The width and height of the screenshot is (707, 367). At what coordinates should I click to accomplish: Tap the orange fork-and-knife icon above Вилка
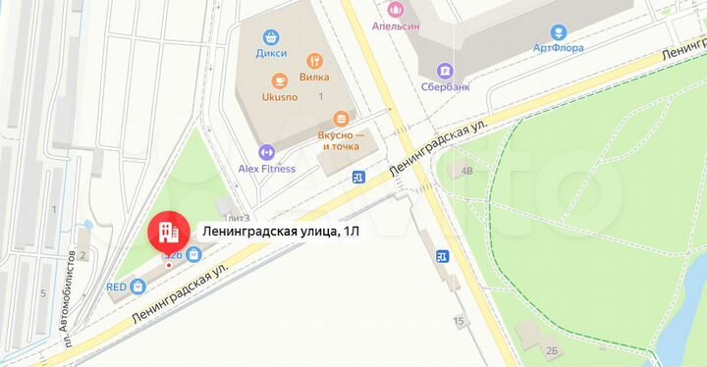314,59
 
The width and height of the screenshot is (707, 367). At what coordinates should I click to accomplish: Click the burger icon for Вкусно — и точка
340,117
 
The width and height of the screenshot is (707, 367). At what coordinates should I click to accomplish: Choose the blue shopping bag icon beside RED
138,287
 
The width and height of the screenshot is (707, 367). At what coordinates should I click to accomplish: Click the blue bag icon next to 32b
194,255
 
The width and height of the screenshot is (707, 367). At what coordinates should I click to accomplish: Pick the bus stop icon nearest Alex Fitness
359,177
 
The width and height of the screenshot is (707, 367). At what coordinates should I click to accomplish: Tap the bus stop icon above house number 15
443,257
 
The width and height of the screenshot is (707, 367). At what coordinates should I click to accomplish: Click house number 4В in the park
467,171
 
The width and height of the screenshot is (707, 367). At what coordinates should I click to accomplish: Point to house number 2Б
551,350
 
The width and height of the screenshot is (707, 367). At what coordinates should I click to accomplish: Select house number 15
459,322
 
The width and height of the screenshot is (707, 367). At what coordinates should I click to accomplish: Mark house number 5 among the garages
43,292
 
